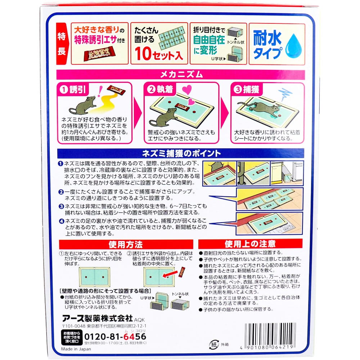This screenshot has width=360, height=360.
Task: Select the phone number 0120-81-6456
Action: coord(116,336)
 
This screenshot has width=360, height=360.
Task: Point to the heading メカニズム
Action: coord(180,75)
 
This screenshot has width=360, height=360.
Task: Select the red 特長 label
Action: coord(62,44)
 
